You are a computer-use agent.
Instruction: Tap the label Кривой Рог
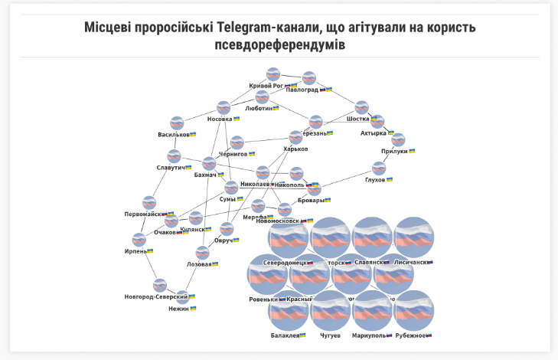coord(266,86)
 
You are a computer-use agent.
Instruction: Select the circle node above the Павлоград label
coord(309,77)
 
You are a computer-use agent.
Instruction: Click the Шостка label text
coord(357,119)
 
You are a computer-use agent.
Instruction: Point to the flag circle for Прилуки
coord(398,139)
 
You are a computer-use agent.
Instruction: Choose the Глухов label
coord(374,180)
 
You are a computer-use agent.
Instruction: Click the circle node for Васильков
coord(177,123)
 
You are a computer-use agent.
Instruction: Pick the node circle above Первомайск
coord(149,202)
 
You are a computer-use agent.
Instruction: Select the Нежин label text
coord(178,309)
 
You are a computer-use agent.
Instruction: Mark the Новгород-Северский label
coord(156,296)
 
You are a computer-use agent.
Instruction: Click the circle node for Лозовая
coord(202,252)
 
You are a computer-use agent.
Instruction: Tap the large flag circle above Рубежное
coord(414,310)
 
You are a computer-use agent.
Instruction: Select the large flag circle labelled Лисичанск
coord(414,237)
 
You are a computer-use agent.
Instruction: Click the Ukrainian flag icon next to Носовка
coord(237,119)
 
